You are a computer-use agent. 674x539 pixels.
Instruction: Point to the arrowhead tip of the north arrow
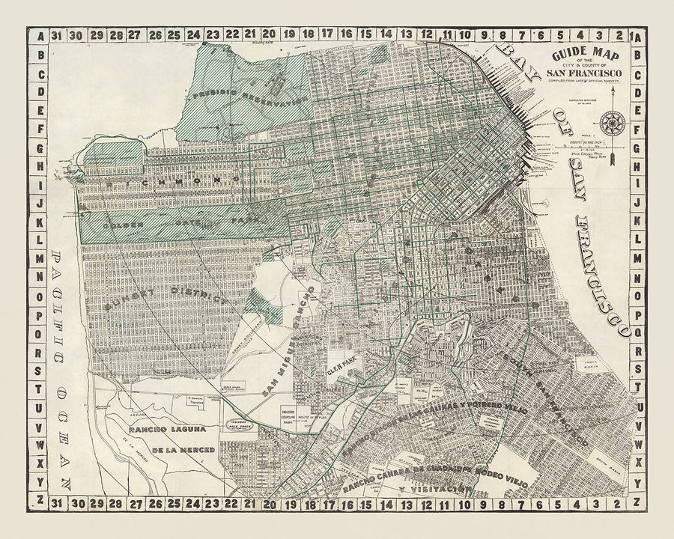pyautogui.click(x=613, y=88)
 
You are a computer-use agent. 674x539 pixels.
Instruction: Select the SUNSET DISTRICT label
pyautogui.click(x=166, y=290)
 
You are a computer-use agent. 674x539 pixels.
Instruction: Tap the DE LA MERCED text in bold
pyautogui.click(x=184, y=450)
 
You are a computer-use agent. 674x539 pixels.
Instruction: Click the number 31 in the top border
pyautogui.click(x=55, y=34)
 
